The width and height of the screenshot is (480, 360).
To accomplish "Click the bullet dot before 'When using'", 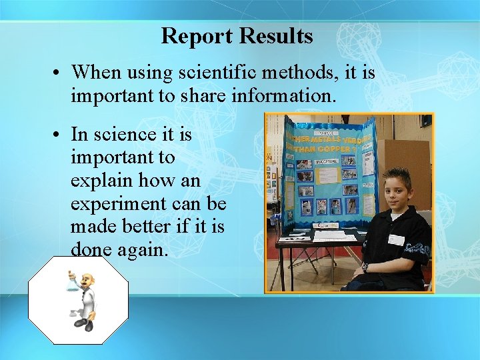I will (59, 72).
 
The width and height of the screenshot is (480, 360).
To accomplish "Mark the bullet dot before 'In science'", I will (59, 135).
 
